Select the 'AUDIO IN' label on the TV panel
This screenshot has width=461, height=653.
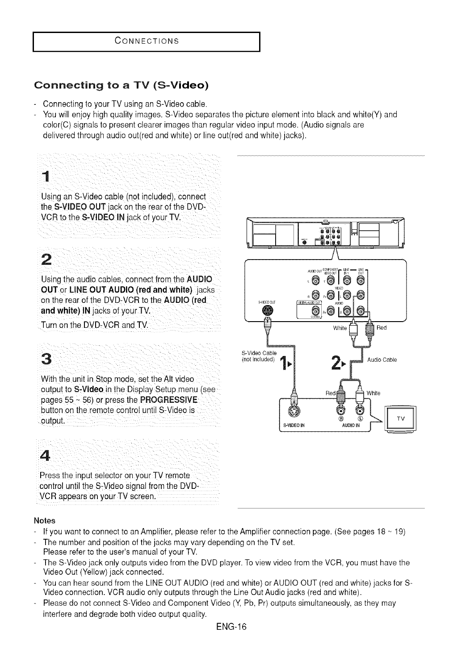(x=350, y=426)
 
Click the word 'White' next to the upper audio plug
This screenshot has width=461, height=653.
(x=340, y=328)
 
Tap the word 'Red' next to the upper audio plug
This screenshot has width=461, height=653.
(x=381, y=328)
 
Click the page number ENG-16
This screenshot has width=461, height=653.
(x=230, y=627)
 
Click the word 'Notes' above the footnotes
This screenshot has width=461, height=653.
(x=44, y=521)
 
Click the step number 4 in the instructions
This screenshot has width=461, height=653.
(x=45, y=456)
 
